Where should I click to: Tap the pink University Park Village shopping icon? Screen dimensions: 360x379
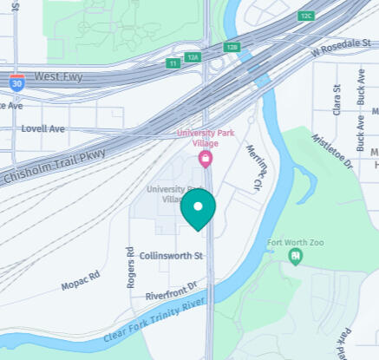[206, 159]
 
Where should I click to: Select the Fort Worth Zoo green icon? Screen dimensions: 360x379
[296, 256]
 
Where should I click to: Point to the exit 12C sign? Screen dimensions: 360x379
[305, 16]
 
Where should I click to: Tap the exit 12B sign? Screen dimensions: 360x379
[231, 47]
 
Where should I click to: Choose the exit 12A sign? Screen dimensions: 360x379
[193, 57]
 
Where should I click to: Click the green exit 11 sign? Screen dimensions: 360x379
[173, 63]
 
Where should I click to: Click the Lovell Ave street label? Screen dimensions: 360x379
[44, 128]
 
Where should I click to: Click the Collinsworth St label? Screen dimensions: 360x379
[171, 256]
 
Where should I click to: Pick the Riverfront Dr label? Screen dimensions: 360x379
[172, 290]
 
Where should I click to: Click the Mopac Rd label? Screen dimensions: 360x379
[81, 279]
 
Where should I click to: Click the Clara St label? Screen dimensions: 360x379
[338, 99]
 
